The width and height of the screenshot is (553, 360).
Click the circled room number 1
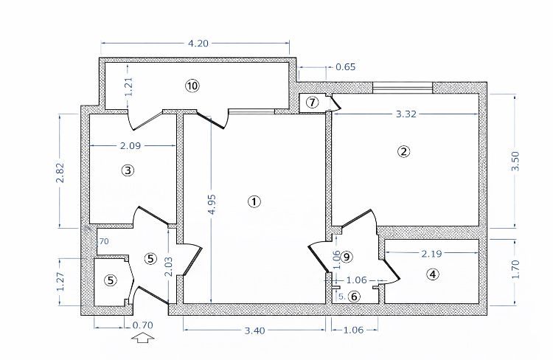[254, 201]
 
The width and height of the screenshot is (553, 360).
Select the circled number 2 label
[403, 152]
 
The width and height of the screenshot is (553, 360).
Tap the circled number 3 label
[128, 170]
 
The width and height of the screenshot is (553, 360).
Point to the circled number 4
[433, 274]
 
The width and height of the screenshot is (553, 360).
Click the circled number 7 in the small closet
[312, 102]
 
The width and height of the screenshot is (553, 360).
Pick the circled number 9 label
[347, 256]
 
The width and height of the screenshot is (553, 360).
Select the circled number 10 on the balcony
[192, 86]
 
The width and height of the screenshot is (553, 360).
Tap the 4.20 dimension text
[198, 44]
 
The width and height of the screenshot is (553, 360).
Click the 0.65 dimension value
[345, 67]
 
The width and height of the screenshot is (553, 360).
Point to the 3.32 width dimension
[407, 114]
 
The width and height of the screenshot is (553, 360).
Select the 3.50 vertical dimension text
[515, 162]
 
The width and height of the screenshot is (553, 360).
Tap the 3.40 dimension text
[254, 330]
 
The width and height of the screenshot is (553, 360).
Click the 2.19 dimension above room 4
[431, 253]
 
